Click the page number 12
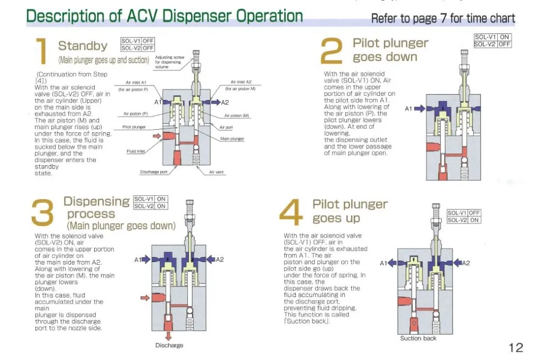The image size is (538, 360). click(515, 347)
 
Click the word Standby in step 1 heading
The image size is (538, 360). click(82, 46)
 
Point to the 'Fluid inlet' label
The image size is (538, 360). click(136, 151)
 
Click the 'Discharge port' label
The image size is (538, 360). click(154, 172)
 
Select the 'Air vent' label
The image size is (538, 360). click(216, 172)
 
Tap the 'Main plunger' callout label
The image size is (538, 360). click(232, 139)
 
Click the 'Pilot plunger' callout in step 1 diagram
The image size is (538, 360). click(134, 127)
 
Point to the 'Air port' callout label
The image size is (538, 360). click(226, 127)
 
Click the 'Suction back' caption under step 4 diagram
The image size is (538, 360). click(418, 338)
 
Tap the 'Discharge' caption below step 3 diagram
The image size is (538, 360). click(169, 345)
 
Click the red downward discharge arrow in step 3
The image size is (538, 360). click(169, 335)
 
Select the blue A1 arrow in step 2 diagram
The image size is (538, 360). click(420, 109)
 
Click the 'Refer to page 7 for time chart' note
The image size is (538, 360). click(443, 19)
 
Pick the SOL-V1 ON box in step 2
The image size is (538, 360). click(492, 37)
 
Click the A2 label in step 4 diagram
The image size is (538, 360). click(466, 263)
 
